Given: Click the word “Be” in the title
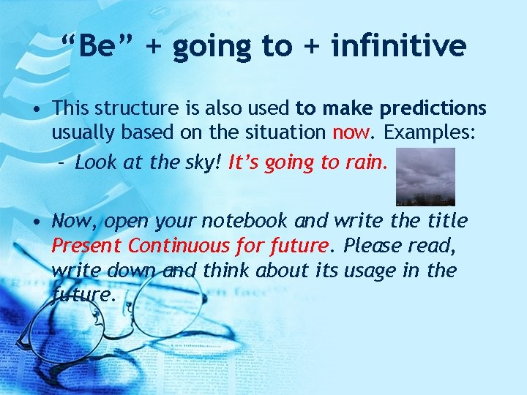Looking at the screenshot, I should (98, 46).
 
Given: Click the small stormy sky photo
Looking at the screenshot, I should (425, 176).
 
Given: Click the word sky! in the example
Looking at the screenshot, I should (204, 162).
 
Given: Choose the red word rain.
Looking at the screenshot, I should (365, 162).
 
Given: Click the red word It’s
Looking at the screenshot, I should (245, 162).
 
